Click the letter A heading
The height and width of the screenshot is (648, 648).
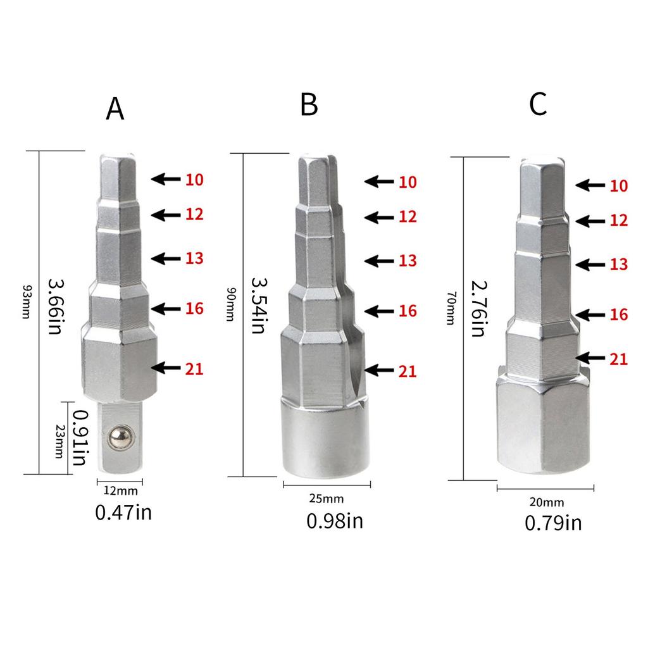click(115, 109)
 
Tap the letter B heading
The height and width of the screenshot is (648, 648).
click(309, 104)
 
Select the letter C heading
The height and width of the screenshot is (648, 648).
click(538, 104)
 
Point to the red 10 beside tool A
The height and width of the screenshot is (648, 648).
click(194, 180)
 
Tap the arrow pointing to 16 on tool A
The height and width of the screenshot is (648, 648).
click(166, 309)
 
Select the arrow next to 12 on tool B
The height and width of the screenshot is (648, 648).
click(378, 217)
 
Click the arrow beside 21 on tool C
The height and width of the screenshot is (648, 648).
click(590, 358)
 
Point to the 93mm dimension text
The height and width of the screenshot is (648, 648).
click(27, 302)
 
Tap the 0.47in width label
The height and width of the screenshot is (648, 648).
click(123, 512)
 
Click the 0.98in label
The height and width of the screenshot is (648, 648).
click(335, 521)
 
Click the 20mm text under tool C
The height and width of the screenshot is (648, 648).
click(545, 502)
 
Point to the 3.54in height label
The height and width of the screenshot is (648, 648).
click(258, 305)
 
